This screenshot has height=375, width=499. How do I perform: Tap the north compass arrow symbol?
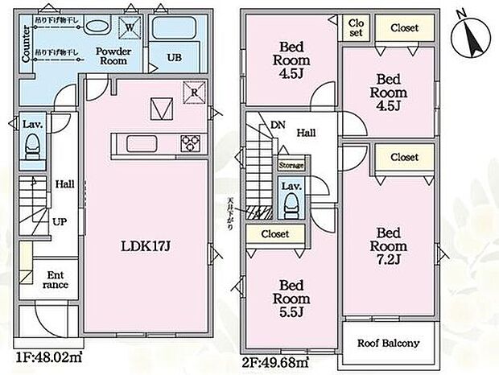(x=468, y=33)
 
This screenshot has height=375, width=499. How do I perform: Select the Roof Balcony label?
(x=388, y=344)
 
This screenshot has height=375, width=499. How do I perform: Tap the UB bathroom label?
(x=174, y=57)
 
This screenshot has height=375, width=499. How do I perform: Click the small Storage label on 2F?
(x=291, y=165)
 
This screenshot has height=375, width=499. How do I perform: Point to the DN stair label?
(x=278, y=126)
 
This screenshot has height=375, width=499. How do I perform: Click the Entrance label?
(x=55, y=278)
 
